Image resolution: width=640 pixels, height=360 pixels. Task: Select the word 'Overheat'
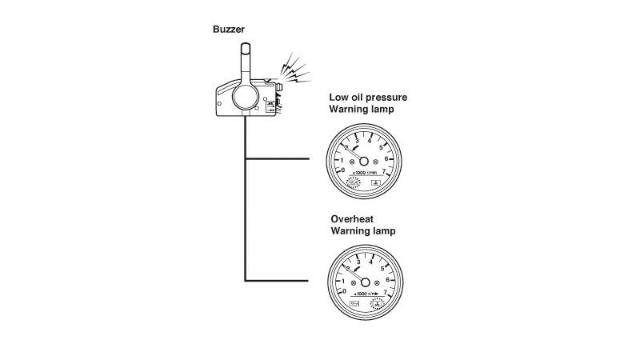(353, 218)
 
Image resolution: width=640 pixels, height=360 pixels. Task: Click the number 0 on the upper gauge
(344, 170)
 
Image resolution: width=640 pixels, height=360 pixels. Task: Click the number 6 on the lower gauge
(388, 280)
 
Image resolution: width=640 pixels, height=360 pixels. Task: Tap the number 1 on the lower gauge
(343, 281)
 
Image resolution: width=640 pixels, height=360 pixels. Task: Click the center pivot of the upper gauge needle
(365, 160)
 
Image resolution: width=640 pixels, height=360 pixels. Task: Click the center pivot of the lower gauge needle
(365, 282)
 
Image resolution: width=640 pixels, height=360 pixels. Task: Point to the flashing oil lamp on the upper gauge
(352, 183)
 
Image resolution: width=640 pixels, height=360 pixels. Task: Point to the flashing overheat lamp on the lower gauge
(378, 303)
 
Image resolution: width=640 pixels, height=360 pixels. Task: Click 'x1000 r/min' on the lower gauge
(366, 295)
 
